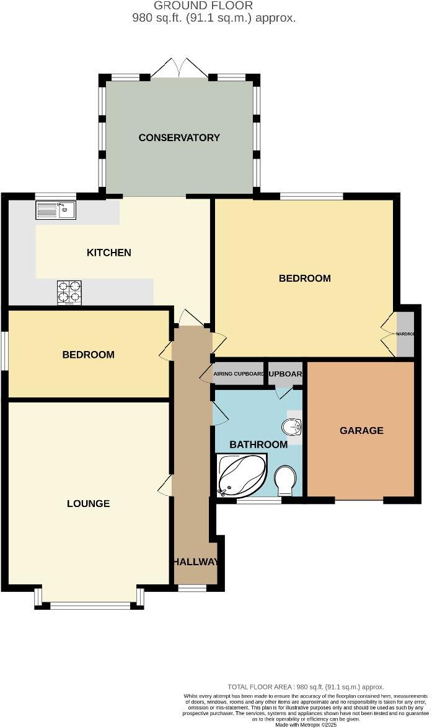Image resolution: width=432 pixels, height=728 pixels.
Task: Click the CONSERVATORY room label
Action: click(x=179, y=137)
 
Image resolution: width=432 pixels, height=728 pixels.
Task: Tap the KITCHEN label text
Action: click(x=108, y=253)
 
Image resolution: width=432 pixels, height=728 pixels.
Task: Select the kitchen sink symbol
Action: click(x=56, y=210)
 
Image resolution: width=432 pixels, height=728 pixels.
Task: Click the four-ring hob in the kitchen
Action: click(x=69, y=292)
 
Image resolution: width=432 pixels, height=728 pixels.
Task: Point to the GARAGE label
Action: click(x=361, y=430)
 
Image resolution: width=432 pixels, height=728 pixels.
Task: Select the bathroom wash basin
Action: click(x=292, y=427)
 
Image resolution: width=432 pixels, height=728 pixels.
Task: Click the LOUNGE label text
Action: click(x=88, y=503)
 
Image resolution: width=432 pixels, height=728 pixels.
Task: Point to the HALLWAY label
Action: click(x=195, y=562)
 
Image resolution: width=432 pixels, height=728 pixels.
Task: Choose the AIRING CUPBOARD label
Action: click(x=239, y=374)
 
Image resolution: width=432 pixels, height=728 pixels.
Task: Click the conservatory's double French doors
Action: click(x=179, y=68)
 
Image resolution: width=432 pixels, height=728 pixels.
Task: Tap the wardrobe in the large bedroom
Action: click(x=405, y=334)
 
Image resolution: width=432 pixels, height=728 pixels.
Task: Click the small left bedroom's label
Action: click(x=88, y=355)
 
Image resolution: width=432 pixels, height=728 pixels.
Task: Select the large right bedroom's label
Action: click(x=304, y=278)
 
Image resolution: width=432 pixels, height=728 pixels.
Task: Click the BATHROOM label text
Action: click(x=258, y=444)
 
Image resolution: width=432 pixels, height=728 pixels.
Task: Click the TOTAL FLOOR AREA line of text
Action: click(x=306, y=687)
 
